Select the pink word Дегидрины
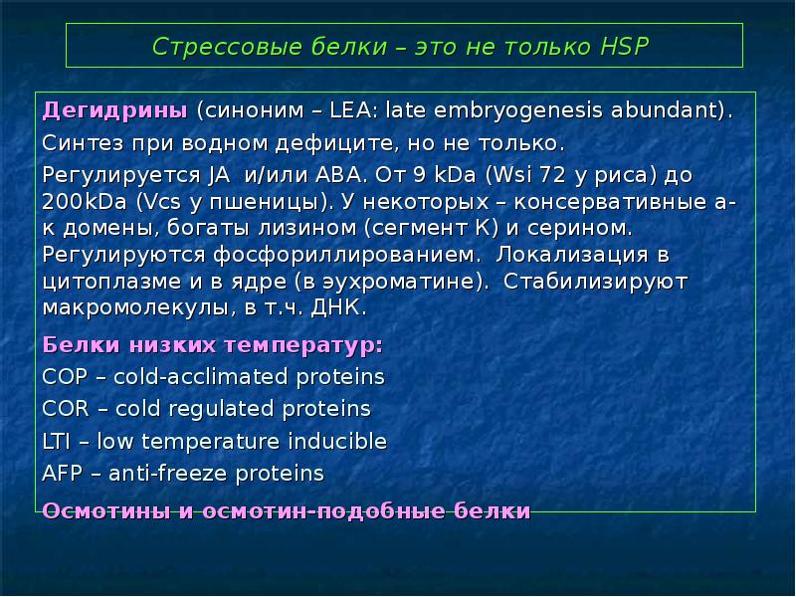[x=115, y=108]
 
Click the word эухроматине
[x=409, y=281]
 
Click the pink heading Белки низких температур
[x=213, y=345]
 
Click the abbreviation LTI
[x=60, y=440]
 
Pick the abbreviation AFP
[x=64, y=472]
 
